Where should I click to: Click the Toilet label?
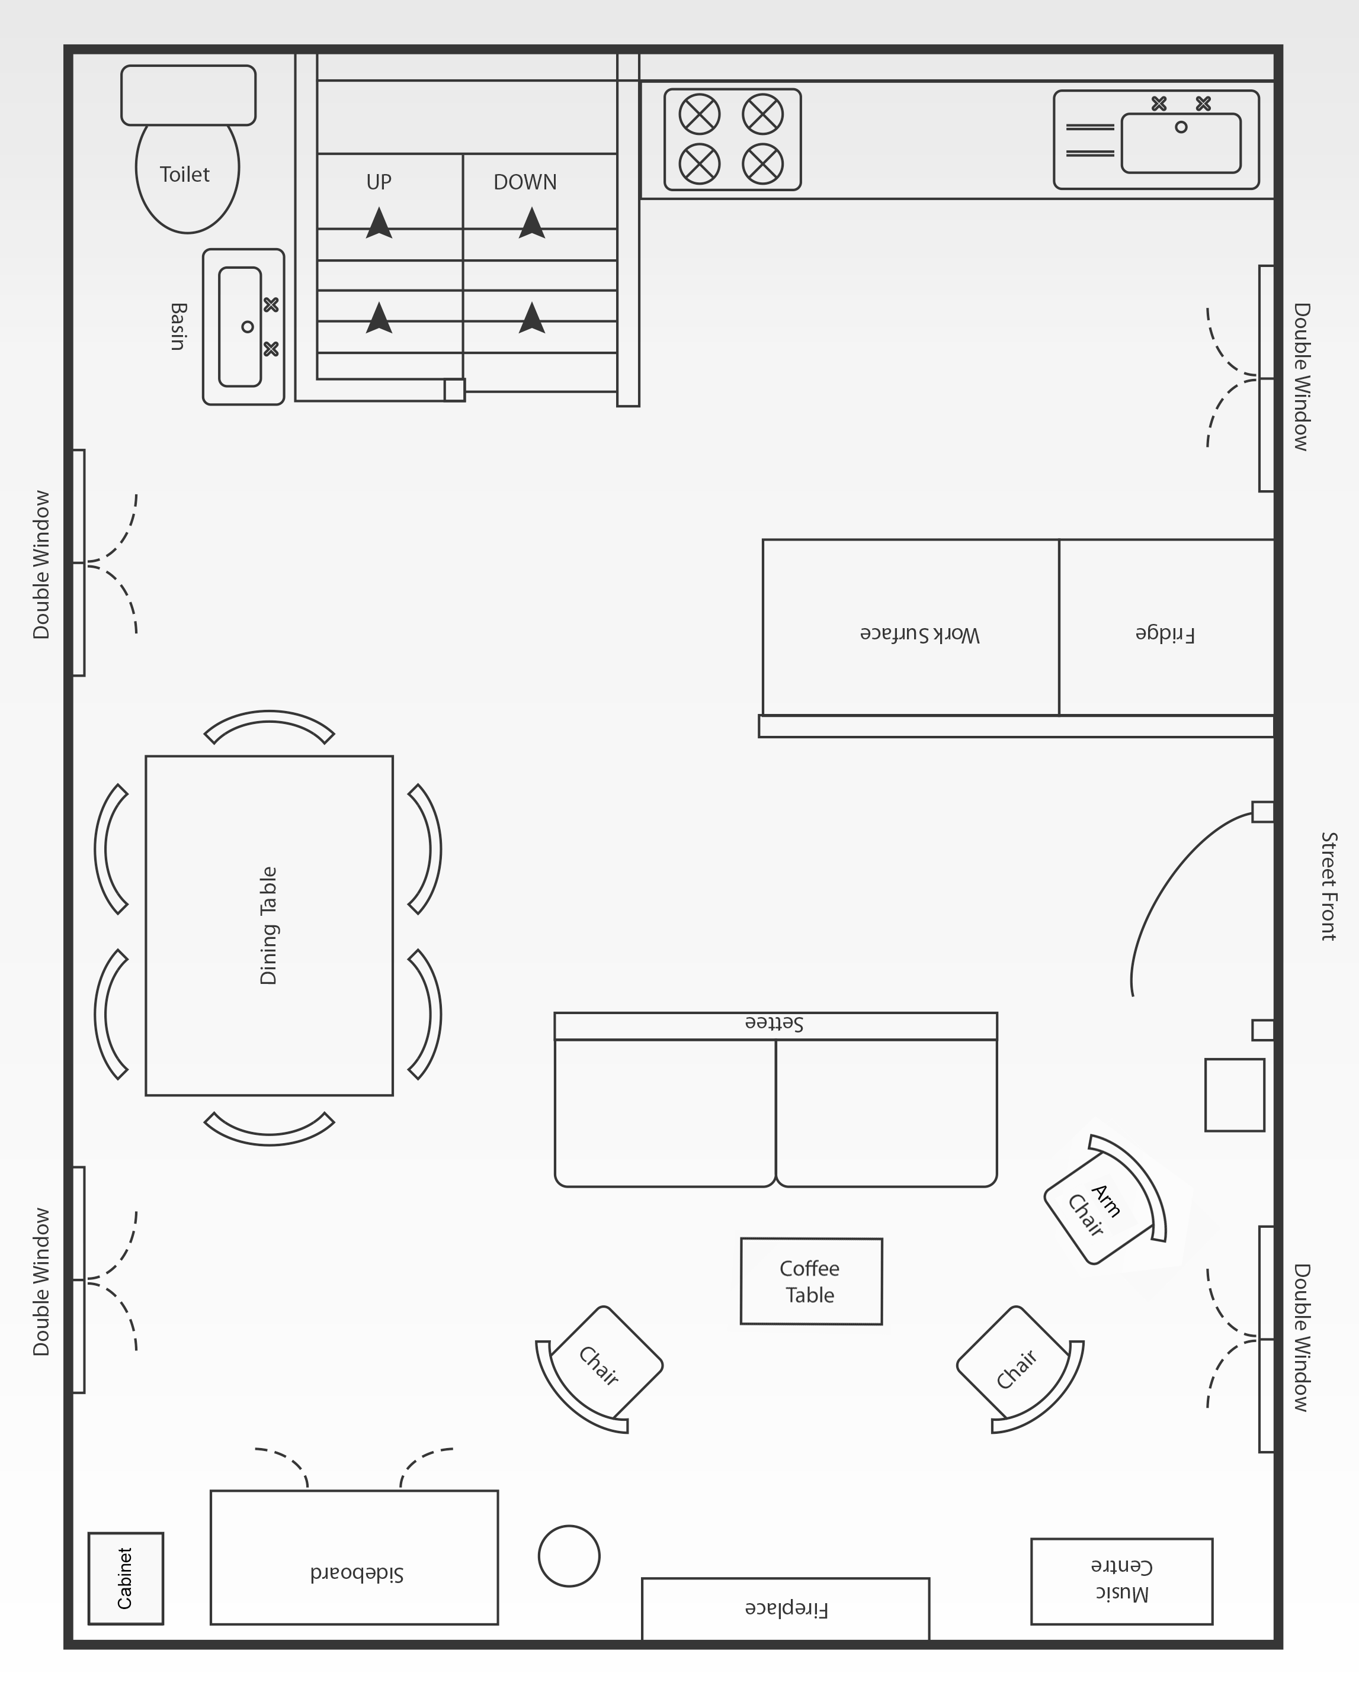[185, 174]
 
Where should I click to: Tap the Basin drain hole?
[248, 327]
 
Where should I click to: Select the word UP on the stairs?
[379, 182]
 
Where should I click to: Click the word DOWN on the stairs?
[525, 182]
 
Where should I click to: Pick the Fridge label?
[1165, 634]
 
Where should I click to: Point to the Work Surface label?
[919, 634]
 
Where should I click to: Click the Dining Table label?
[269, 925]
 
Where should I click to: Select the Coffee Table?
[811, 1281]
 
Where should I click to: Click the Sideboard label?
[357, 1573]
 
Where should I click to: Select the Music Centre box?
[1121, 1581]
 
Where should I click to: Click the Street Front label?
[1328, 886]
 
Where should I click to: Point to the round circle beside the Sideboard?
[569, 1556]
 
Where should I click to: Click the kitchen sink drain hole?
[1181, 127]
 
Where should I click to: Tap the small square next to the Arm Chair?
[1235, 1095]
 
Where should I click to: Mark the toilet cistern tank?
[188, 95]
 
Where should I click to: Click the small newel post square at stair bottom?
[454, 390]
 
